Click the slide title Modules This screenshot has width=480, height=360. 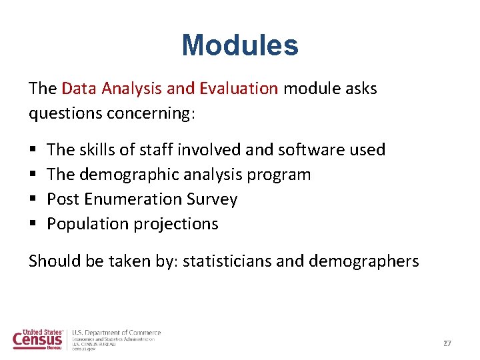pos(240,45)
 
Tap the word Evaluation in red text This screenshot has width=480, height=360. pos(239,89)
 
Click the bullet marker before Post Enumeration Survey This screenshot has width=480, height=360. pos(33,199)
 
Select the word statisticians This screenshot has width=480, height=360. pos(227,261)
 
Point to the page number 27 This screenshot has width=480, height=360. pos(447,343)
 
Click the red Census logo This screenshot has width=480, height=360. pos(37,339)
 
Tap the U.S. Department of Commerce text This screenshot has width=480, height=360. pos(116,333)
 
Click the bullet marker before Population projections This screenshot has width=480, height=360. pos(33,224)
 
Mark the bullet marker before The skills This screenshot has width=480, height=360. pos(33,150)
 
